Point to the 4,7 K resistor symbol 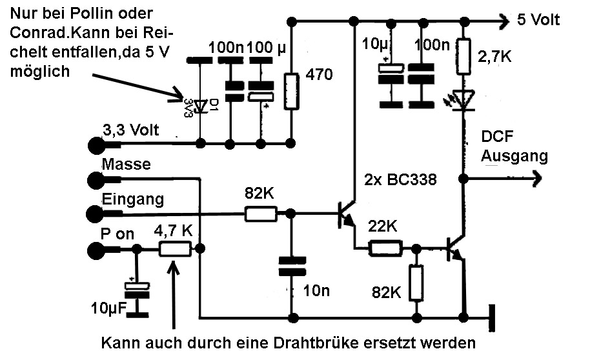(x=176, y=250)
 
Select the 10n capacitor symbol (x=292, y=268)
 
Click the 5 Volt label (x=538, y=20)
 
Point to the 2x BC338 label (x=401, y=180)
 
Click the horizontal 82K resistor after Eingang (x=259, y=214)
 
